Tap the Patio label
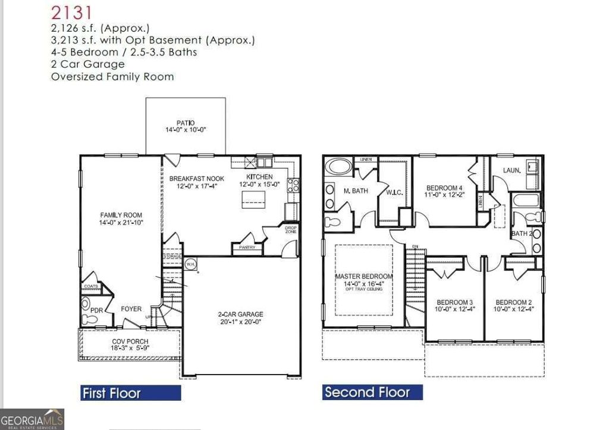[186, 123]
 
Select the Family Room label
[121, 215]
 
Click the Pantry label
[247, 247]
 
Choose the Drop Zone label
[291, 230]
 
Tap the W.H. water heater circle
[191, 263]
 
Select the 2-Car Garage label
[241, 314]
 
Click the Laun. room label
[511, 170]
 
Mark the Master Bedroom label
[363, 276]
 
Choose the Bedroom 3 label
[454, 301]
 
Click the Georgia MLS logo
[32, 419]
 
